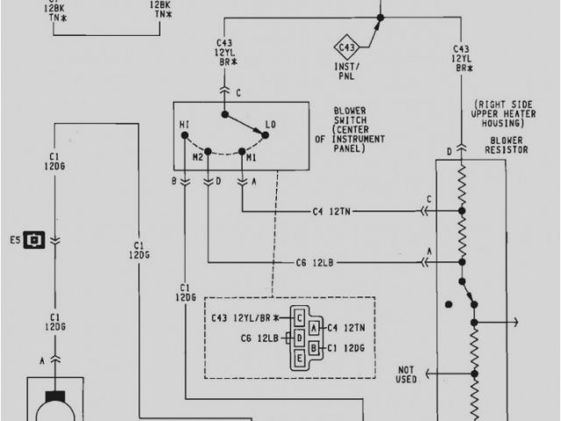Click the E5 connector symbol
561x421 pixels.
(x=35, y=238)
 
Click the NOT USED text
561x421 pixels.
(x=406, y=375)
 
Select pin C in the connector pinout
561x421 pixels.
(x=300, y=317)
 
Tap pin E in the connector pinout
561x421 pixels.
(x=300, y=358)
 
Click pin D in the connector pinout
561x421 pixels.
(x=300, y=338)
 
